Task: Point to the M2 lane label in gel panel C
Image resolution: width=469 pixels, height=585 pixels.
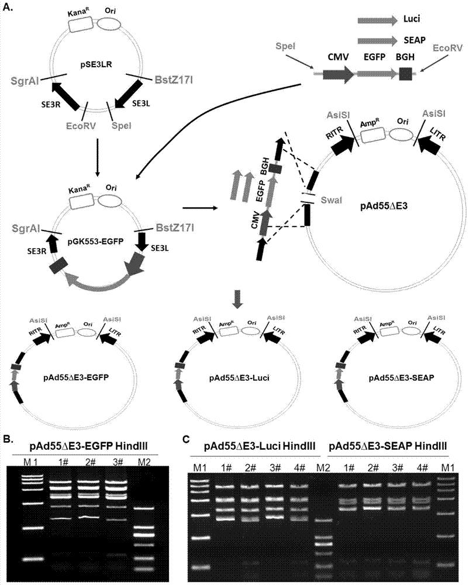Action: coord(320,467)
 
